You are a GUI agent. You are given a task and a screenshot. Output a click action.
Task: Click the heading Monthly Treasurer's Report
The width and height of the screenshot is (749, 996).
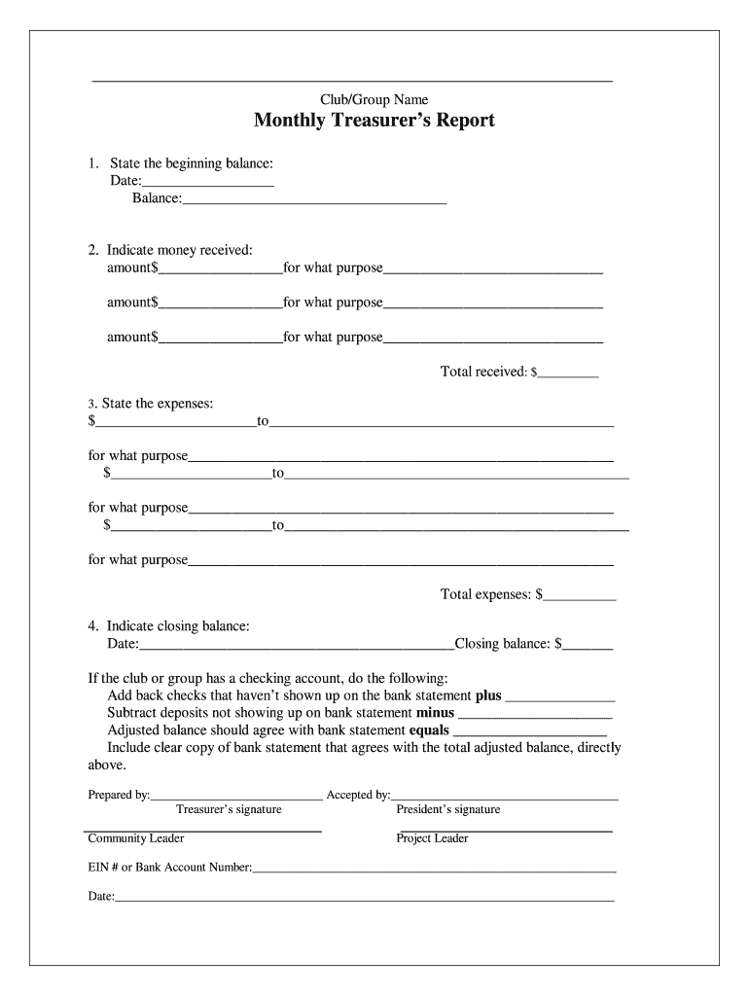point(374,121)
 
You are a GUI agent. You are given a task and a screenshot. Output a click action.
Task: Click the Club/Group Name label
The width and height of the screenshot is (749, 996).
point(374,99)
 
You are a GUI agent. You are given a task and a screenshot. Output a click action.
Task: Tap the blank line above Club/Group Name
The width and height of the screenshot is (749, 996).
point(352,80)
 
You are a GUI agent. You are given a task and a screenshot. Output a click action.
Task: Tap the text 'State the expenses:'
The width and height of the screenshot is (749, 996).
point(151,403)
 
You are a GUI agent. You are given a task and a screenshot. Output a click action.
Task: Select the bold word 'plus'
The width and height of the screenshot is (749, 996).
point(488,695)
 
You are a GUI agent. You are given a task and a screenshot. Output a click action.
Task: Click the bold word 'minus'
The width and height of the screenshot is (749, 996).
point(435,712)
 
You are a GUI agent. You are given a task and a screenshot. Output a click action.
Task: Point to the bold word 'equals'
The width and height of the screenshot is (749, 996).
point(429,729)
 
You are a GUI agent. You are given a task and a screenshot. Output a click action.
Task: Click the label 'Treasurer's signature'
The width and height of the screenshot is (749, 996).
point(229,809)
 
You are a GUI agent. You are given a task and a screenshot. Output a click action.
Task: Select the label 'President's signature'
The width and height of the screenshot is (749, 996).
point(448,809)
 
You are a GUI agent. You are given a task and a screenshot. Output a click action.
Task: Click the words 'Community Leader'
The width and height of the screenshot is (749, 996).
point(136,838)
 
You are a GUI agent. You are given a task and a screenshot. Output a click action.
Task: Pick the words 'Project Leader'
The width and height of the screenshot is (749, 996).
point(432,838)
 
